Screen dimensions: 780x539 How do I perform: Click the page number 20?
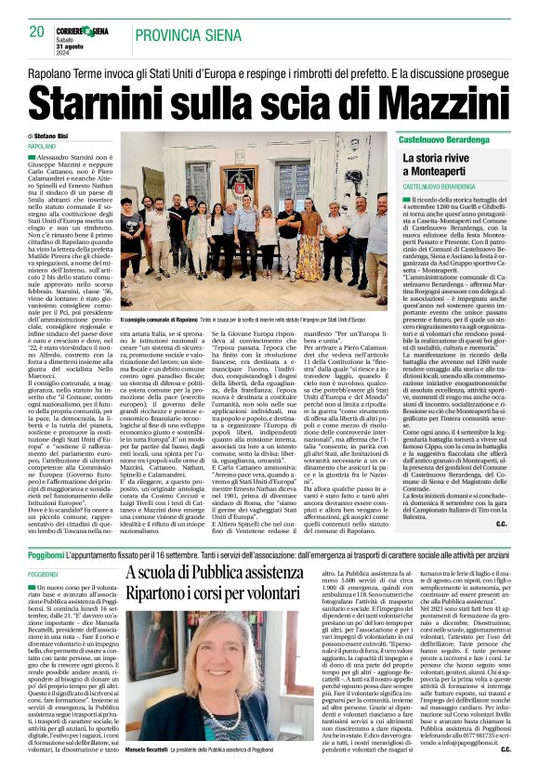[x=36, y=31]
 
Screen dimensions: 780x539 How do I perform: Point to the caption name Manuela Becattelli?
[x=150, y=773]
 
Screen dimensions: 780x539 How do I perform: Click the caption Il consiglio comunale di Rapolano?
[x=153, y=318]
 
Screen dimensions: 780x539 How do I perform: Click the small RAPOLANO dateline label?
[x=42, y=147]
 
